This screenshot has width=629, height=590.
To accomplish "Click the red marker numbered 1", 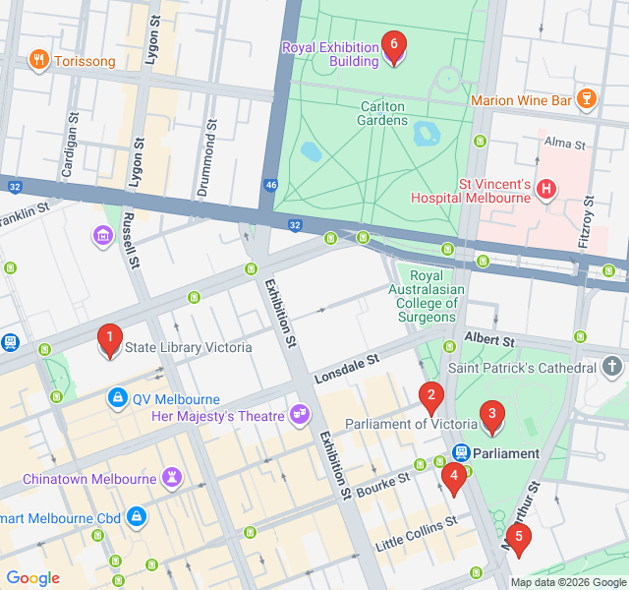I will coord(110,340).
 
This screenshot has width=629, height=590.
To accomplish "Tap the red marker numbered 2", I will coord(429,397).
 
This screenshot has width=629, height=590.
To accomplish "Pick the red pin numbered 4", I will coord(453,479).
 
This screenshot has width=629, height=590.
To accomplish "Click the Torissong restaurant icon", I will coord(39,60).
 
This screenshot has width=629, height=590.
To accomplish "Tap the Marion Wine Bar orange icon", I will coord(587,98).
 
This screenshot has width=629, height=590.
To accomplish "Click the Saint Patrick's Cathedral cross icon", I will coord(614,368).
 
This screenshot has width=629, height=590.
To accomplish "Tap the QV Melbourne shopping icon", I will coord(117,398).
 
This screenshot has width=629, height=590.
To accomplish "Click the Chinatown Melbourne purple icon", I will coord(173,478).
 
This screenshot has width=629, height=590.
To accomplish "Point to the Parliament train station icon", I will coord(460,452).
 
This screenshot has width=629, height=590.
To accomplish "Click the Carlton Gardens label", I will coord(383,113).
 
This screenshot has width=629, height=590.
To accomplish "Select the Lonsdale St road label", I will coord(346,370).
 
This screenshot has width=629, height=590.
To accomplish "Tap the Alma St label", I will coord(564,144).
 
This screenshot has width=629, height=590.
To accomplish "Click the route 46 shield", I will coord(270,184).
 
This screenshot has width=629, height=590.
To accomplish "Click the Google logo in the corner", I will coord(32,578).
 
